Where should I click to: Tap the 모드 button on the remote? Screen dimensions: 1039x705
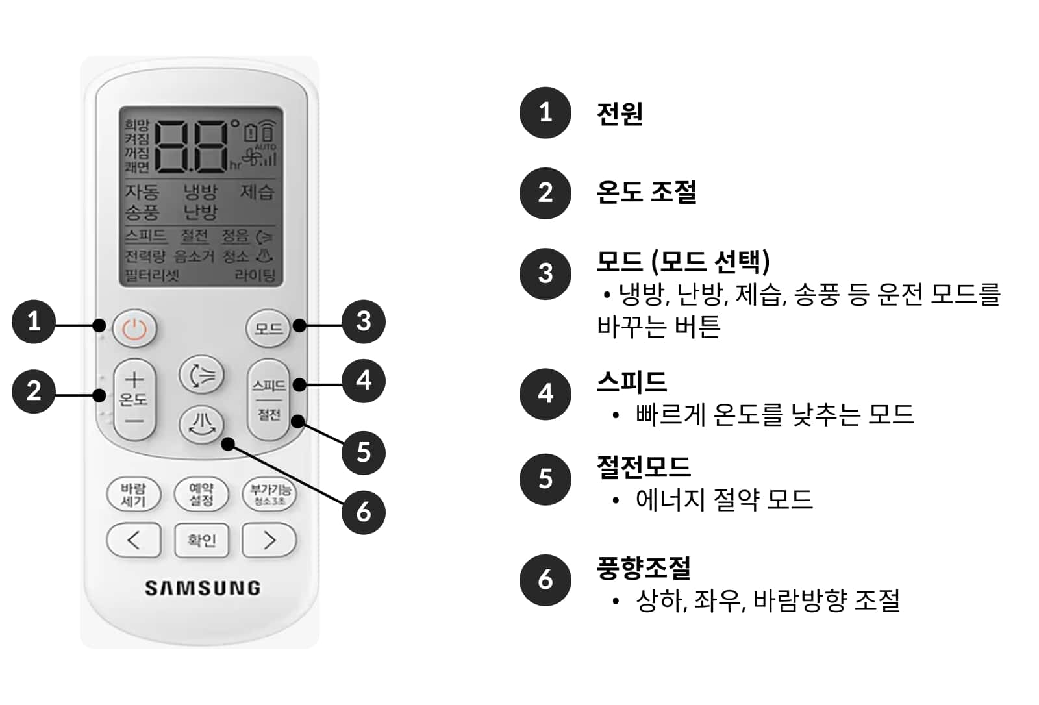click(268, 328)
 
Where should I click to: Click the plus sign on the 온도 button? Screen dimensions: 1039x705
click(134, 379)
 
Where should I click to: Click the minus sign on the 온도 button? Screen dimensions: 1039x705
click(134, 421)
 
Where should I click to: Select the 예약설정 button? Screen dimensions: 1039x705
click(201, 495)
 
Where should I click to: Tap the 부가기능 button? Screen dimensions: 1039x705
click(269, 494)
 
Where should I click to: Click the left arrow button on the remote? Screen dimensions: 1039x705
click(133, 540)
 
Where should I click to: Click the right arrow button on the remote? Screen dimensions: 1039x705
click(269, 540)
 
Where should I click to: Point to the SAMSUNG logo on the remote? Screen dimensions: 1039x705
click(202, 588)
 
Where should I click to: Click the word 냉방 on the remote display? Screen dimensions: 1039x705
click(200, 192)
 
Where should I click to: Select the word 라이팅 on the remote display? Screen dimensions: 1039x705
click(255, 275)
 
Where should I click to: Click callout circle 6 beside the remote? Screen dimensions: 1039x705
click(363, 512)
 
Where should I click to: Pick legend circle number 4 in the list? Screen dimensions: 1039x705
click(545, 394)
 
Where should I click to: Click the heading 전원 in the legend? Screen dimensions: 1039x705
click(620, 114)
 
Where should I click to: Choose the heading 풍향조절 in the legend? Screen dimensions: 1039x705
click(643, 568)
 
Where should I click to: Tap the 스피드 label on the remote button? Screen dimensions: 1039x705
click(268, 386)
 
